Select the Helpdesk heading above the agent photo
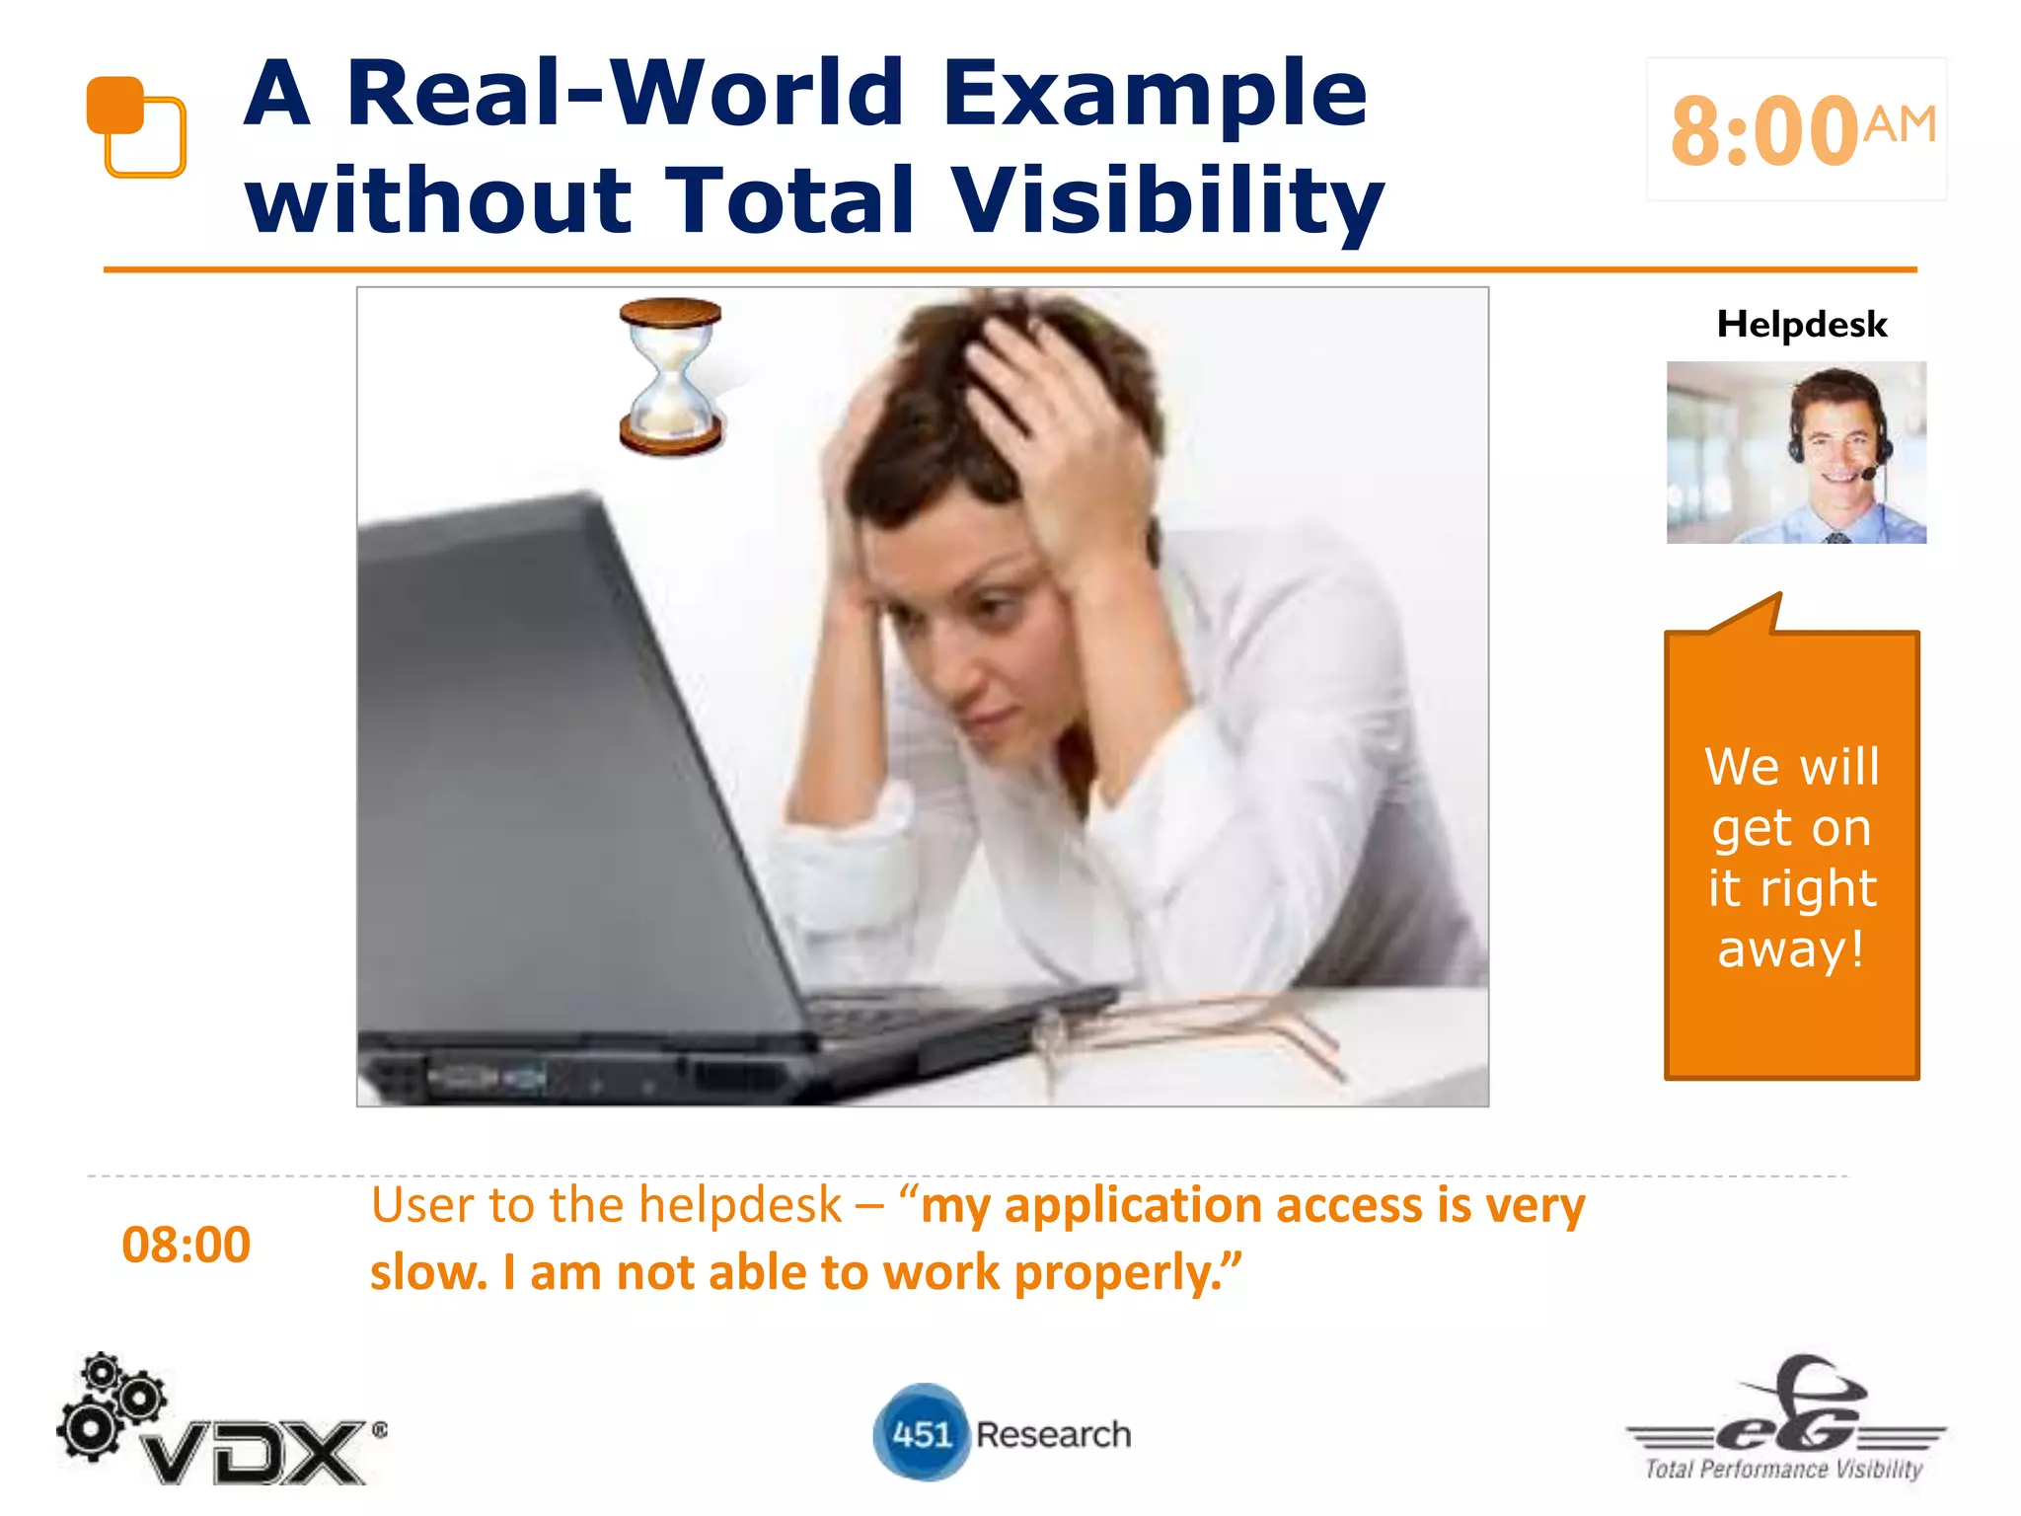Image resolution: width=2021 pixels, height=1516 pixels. (1802, 325)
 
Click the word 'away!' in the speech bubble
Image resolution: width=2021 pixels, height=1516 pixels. (1791, 949)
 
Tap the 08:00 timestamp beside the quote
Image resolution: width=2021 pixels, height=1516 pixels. (186, 1245)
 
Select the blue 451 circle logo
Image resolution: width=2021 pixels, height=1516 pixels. (921, 1433)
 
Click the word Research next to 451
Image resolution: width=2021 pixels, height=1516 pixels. (1053, 1434)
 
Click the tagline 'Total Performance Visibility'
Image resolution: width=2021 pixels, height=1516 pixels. (1784, 1470)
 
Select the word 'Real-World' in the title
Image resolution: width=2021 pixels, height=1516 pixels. (626, 93)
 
